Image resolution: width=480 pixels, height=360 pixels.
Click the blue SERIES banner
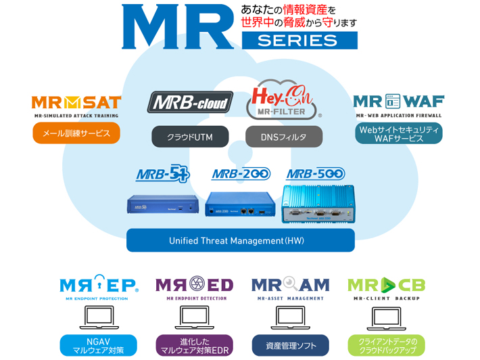(298, 40)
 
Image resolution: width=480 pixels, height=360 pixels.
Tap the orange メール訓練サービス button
(76, 133)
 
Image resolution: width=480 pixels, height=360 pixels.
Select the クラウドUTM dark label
(190, 137)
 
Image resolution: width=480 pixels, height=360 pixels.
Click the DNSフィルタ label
(283, 137)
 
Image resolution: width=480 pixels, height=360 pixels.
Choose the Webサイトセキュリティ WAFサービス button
(398, 133)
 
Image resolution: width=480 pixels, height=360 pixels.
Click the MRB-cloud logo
(190, 103)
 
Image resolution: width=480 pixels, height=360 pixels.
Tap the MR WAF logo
(398, 102)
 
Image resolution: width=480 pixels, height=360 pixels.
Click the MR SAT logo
(76, 103)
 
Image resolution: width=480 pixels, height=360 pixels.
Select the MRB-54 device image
(163, 204)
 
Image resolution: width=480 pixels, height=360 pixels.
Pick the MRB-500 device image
(317, 202)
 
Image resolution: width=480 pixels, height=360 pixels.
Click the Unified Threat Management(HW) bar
(241, 240)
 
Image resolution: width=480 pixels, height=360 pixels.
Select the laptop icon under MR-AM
(290, 317)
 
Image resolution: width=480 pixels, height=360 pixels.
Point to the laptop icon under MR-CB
(386, 317)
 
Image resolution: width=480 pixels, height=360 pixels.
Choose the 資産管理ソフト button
(290, 345)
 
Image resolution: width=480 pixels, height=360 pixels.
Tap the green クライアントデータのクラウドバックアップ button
(386, 345)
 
